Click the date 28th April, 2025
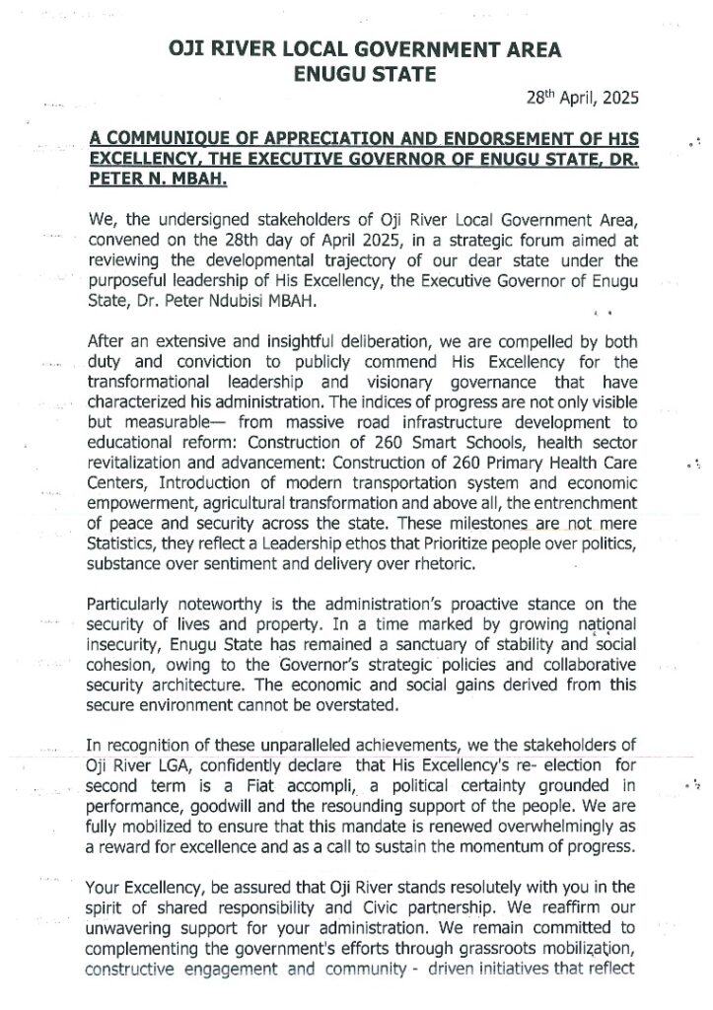point(582,99)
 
